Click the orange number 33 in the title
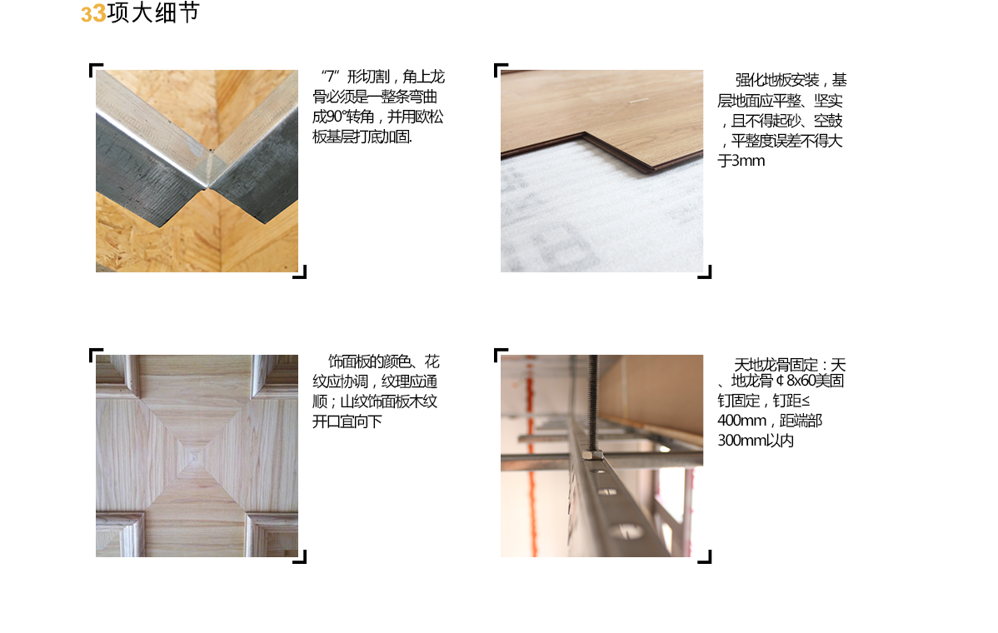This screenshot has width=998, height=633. pyautogui.click(x=93, y=14)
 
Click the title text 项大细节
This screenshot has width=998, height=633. pyautogui.click(x=153, y=12)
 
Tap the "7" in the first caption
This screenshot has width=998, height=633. pyautogui.click(x=331, y=77)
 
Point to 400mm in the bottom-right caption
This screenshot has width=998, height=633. pyautogui.click(x=741, y=421)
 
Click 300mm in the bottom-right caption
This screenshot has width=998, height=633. pyautogui.click(x=741, y=441)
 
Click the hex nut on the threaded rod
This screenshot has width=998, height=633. pyautogui.click(x=592, y=454)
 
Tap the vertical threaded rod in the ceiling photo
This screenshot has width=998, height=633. pyautogui.click(x=592, y=401)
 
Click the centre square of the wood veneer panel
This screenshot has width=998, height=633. pyautogui.click(x=193, y=456)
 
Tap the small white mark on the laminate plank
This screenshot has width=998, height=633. pyautogui.click(x=639, y=100)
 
